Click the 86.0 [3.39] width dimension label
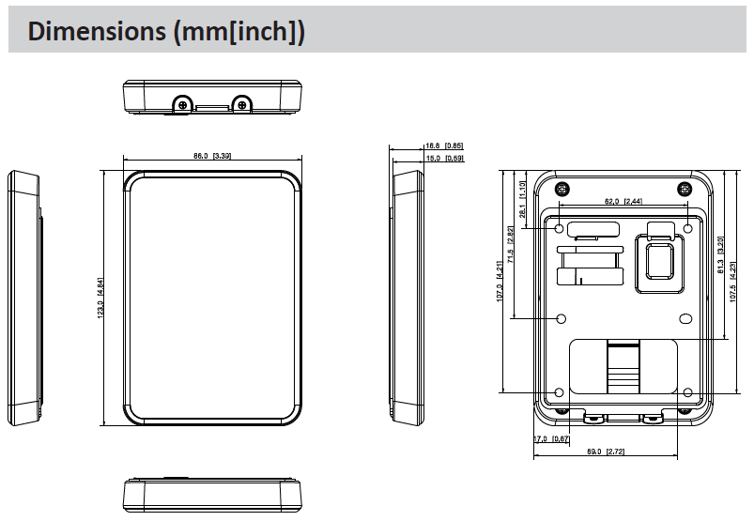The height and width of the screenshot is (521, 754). [x=213, y=156]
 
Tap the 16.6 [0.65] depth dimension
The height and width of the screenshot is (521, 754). [x=444, y=146]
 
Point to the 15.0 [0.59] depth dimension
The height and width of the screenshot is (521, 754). [x=444, y=159]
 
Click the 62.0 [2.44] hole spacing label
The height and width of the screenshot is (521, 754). [x=623, y=201]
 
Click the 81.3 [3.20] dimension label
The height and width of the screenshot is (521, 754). [x=720, y=254]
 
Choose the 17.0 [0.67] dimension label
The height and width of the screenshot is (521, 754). [x=551, y=439]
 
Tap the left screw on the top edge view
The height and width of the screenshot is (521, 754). [x=185, y=104]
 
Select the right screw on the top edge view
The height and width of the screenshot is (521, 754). [x=242, y=104]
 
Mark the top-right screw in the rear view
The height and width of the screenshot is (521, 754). [x=684, y=188]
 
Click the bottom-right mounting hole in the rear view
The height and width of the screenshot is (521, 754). [x=687, y=392]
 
